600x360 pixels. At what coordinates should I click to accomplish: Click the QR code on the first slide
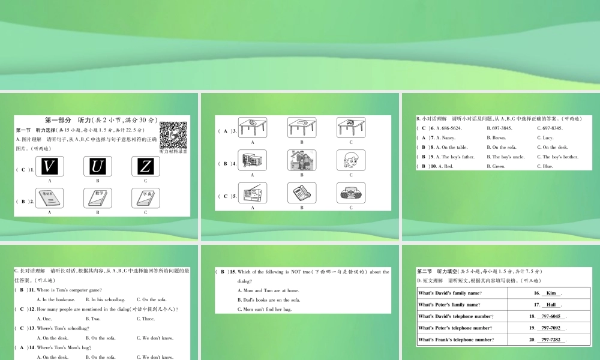pyautogui.click(x=173, y=135)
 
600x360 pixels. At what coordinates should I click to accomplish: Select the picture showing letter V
pyautogui.click(x=49, y=166)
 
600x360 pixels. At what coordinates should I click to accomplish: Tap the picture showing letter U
pyautogui.click(x=97, y=166)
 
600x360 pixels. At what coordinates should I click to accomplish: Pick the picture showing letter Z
pyautogui.click(x=145, y=166)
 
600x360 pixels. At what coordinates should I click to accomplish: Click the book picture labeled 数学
pyautogui.click(x=97, y=198)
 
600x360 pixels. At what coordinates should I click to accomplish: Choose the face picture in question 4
pyautogui.click(x=351, y=160)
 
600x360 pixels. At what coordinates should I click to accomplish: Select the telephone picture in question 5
pyautogui.click(x=302, y=193)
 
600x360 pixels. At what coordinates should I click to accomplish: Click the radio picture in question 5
pyautogui.click(x=351, y=193)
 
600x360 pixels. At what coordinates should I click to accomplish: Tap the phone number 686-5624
pyautogui.click(x=449, y=128)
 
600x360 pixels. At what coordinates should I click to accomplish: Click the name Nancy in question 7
pyautogui.click(x=448, y=138)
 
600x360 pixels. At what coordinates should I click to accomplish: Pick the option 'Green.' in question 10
pyautogui.click(x=499, y=167)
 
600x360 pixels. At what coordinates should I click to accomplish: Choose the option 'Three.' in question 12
pyautogui.click(x=146, y=319)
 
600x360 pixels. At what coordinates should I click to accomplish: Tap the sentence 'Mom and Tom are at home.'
pyautogui.click(x=268, y=290)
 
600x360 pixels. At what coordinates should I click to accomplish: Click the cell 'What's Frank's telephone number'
pyautogui.click(x=455, y=340)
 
